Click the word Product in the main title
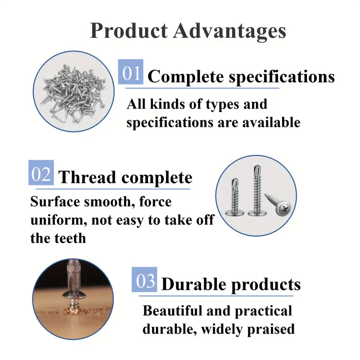127,31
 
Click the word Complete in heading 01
185,76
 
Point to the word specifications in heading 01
282,77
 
